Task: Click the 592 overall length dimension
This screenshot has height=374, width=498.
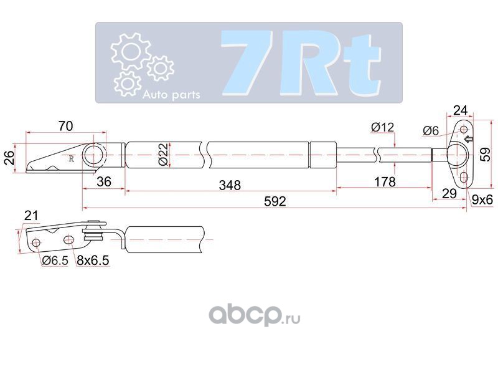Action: pyautogui.click(x=275, y=201)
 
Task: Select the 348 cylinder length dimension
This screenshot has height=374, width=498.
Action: pyautogui.click(x=230, y=185)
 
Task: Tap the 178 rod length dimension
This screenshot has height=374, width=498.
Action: pyautogui.click(x=385, y=182)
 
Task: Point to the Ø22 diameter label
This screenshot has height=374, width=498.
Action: pyautogui.click(x=162, y=153)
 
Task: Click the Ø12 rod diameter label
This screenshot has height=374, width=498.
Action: pyautogui.click(x=382, y=128)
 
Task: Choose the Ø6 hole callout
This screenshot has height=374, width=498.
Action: pyautogui.click(x=431, y=131)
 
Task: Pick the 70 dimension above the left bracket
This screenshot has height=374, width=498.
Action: pyautogui.click(x=65, y=126)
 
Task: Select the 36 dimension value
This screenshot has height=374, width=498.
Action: pyautogui.click(x=105, y=182)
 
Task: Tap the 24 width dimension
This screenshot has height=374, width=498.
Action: pyautogui.click(x=461, y=110)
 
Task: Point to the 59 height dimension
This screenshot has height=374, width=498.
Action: pyautogui.click(x=486, y=153)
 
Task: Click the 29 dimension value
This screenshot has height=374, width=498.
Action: pyautogui.click(x=449, y=194)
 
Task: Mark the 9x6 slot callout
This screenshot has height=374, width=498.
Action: pyautogui.click(x=482, y=200)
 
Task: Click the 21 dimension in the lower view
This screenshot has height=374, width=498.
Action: pyautogui.click(x=31, y=216)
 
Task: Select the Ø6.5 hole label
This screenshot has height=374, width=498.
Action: pyautogui.click(x=55, y=262)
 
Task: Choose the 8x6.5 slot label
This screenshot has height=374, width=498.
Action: pyautogui.click(x=93, y=262)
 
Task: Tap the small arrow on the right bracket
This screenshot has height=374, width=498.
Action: pyautogui.click(x=469, y=140)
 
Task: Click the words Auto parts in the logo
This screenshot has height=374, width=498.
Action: pyautogui.click(x=171, y=95)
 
